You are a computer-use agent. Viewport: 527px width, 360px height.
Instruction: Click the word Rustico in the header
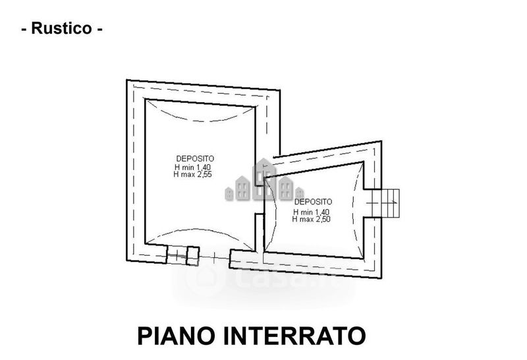coord(61,28)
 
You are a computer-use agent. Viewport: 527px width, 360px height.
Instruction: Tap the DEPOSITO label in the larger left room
coord(195,158)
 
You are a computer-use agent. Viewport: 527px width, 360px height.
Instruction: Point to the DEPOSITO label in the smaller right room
coord(313,202)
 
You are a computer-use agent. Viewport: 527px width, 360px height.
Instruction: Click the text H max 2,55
coord(192,174)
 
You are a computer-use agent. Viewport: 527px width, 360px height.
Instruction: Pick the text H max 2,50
coord(311,219)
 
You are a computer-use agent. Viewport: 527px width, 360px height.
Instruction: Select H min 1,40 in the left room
coord(192,167)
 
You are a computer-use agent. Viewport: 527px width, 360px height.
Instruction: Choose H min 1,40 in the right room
coord(311,212)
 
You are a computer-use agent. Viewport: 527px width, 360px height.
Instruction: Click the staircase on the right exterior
coord(386,203)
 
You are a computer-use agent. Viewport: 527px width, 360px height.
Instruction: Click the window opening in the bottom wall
coord(183,255)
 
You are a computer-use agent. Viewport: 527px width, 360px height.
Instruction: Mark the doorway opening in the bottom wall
coord(215,258)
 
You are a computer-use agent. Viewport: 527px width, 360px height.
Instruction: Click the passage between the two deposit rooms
coord(260,199)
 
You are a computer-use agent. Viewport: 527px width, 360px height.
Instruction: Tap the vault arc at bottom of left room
coord(200,233)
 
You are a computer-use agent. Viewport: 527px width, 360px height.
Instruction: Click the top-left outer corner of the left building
coord(126,80)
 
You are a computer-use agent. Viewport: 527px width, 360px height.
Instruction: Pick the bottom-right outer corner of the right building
coord(381,278)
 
